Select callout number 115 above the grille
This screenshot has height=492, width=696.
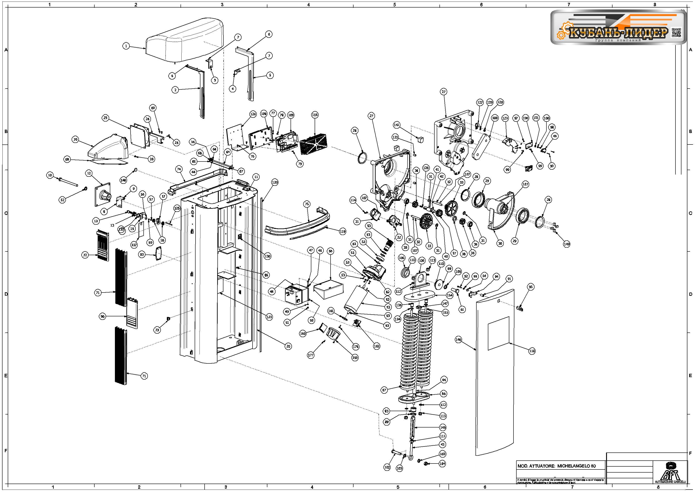tap(315, 115)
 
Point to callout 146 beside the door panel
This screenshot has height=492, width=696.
tap(458, 340)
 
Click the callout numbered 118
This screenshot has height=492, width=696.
tap(532, 351)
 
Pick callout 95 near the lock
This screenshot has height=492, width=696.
tap(531, 287)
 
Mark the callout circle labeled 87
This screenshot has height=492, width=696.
tap(384, 390)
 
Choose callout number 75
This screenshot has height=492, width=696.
tap(307, 204)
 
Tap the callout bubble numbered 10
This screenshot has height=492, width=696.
tap(50, 175)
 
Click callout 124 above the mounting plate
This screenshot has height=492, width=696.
tap(253, 114)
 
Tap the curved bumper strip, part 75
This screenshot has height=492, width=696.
tap(297, 227)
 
